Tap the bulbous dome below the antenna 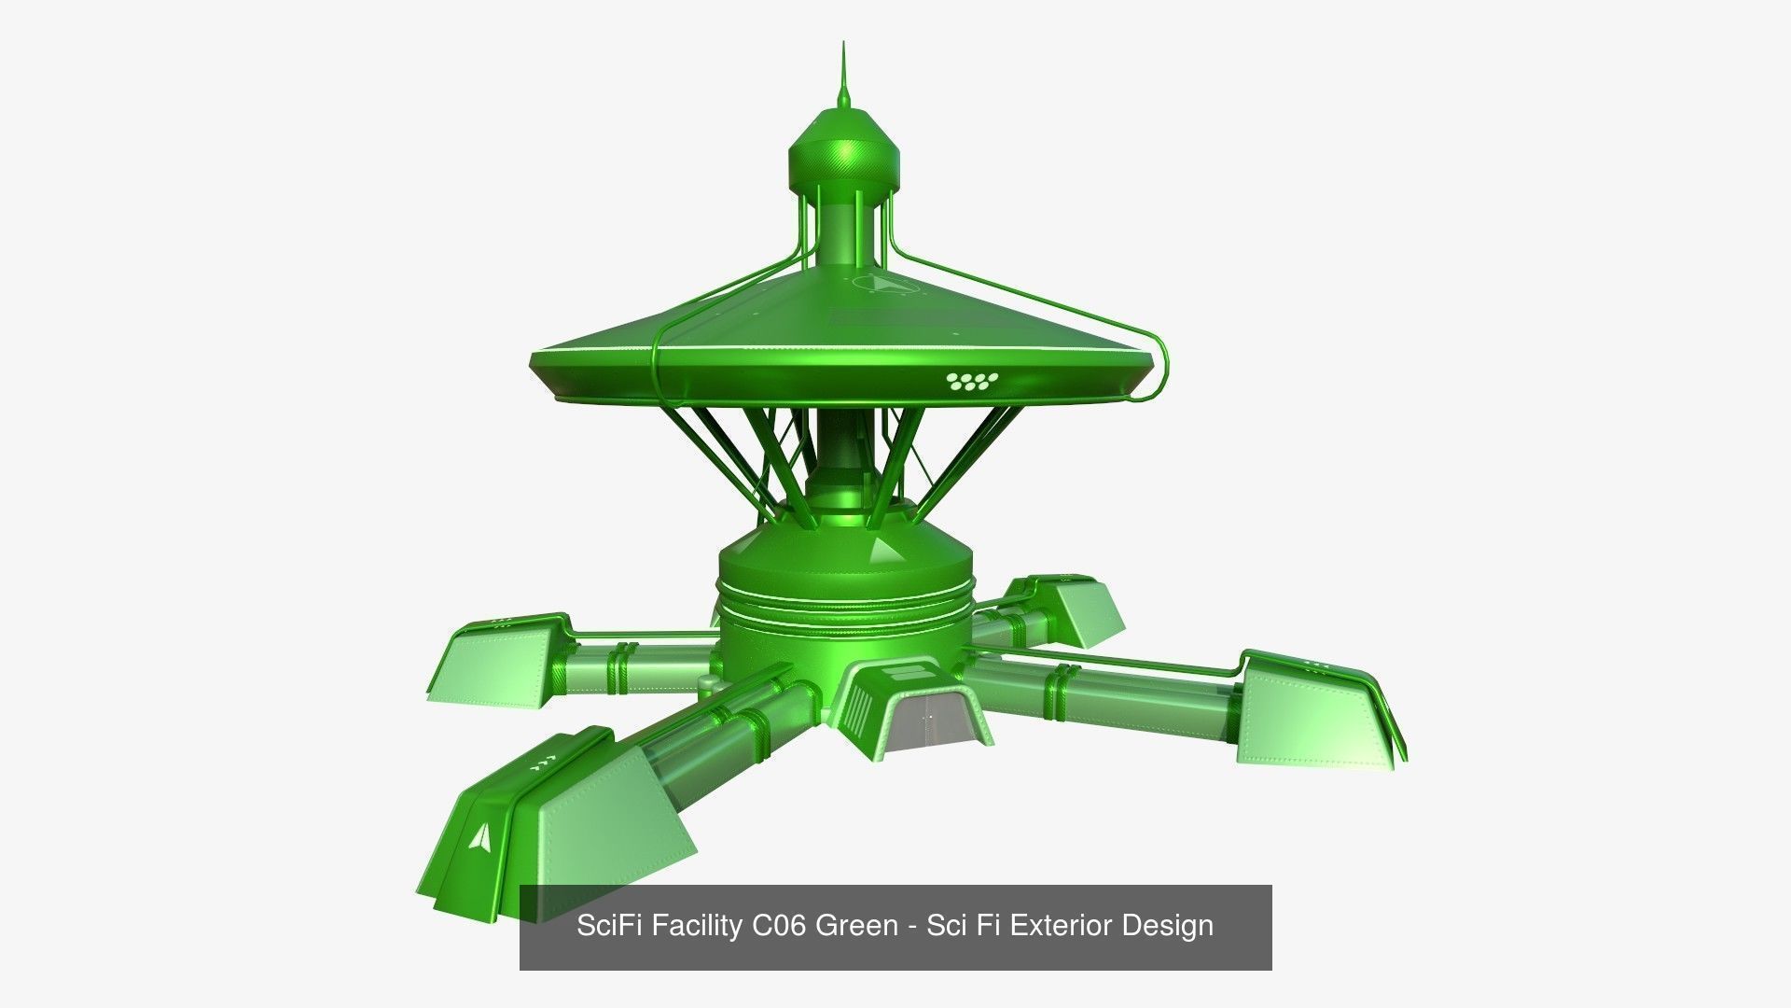point(845,154)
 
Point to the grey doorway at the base point(934,719)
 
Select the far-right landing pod point(1315,709)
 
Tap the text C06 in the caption point(778,926)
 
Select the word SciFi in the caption point(610,926)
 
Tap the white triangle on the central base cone point(881,550)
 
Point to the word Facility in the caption point(696,926)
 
